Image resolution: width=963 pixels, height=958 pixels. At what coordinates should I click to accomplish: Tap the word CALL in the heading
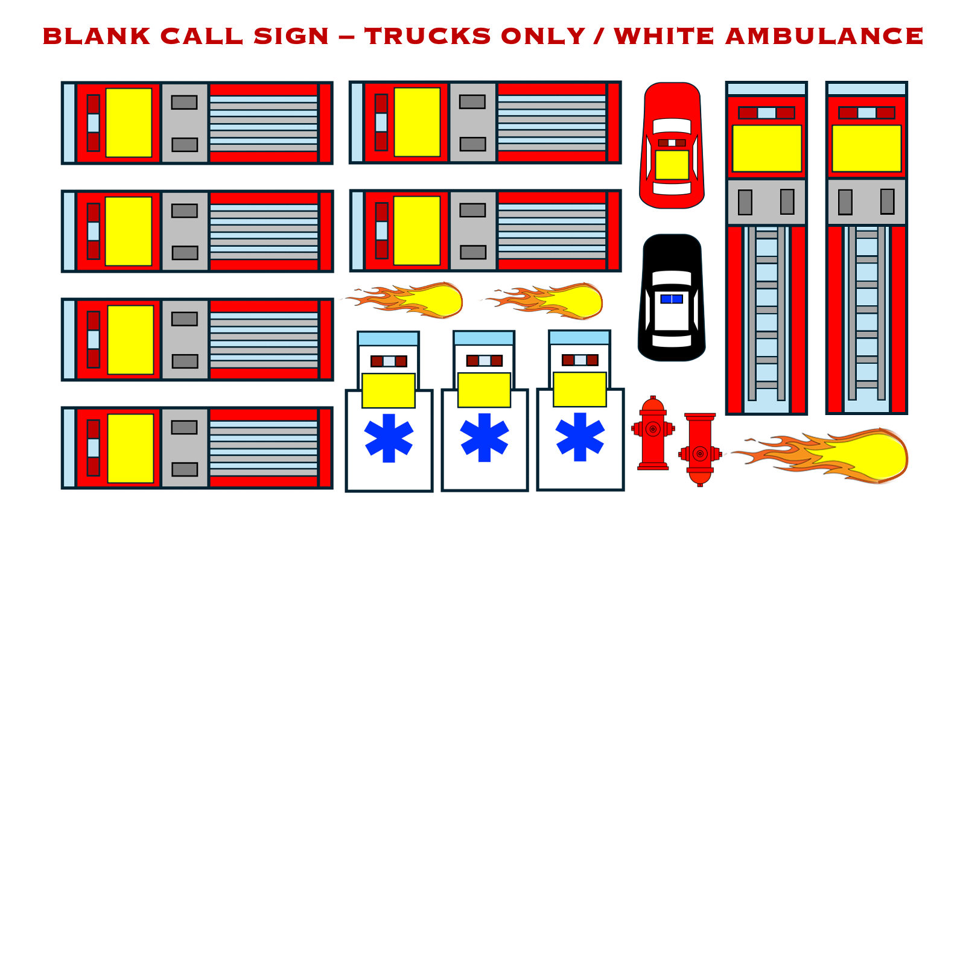click(x=202, y=36)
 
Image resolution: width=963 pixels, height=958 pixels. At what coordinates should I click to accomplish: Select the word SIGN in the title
click(x=291, y=36)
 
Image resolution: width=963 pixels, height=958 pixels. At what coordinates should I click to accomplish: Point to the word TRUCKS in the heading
click(x=428, y=36)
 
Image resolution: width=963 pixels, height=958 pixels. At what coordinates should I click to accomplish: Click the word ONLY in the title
click(x=543, y=36)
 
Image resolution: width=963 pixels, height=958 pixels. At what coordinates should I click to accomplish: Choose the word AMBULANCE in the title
click(x=824, y=36)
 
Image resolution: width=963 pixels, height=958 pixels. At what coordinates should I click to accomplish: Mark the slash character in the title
click(x=599, y=36)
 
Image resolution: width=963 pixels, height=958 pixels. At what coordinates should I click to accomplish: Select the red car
click(x=672, y=145)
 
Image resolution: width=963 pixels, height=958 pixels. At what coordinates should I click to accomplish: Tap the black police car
click(x=672, y=297)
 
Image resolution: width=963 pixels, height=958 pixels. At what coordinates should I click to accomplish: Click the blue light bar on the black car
click(x=672, y=299)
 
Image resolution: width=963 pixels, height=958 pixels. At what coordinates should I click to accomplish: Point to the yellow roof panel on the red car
click(x=672, y=165)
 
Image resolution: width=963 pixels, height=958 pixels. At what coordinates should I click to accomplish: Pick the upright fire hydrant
click(x=653, y=433)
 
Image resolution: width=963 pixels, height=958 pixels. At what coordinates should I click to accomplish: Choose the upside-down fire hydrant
click(x=700, y=449)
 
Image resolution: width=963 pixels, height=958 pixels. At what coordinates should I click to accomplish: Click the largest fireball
click(x=821, y=455)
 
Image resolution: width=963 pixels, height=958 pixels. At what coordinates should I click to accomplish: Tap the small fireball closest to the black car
click(x=543, y=300)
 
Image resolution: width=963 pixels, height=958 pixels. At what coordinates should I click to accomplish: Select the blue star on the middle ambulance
click(x=485, y=437)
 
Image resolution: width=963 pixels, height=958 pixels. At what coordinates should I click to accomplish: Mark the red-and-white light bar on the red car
click(x=672, y=143)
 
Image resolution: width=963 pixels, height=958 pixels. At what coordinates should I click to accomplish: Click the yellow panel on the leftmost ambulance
click(x=389, y=390)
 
